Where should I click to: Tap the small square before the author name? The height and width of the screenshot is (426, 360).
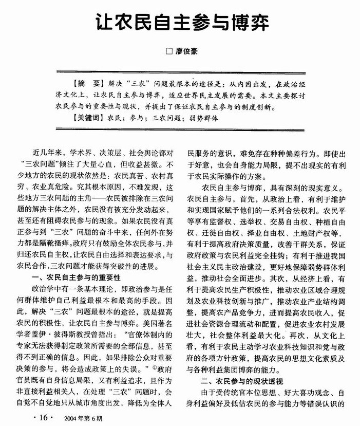[167, 51]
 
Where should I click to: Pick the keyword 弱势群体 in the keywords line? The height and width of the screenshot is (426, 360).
[204, 118]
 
